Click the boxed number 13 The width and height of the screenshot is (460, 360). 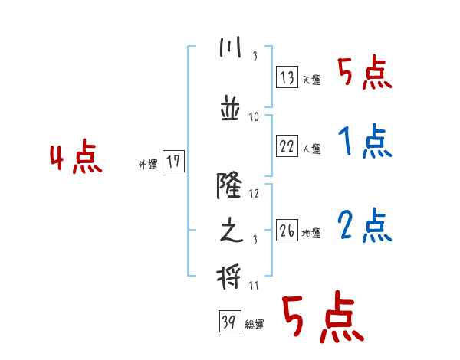287,78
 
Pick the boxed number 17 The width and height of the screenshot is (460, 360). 173,162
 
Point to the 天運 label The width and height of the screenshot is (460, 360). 311,80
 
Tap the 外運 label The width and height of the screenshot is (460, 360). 148,164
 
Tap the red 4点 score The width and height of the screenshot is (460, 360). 75,158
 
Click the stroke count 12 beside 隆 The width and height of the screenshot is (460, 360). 255,194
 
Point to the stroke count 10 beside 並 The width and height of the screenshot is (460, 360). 255,116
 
